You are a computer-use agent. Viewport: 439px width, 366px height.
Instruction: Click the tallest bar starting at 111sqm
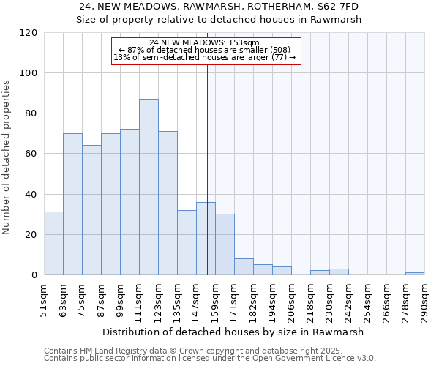(149, 187)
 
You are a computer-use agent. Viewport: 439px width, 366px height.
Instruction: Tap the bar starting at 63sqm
(72, 204)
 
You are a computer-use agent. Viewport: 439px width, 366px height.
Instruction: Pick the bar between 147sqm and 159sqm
(206, 239)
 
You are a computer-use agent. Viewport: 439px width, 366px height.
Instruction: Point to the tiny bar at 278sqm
(415, 273)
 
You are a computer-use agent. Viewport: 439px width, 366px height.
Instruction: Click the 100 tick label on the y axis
(29, 73)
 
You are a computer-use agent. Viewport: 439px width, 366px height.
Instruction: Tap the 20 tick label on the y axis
(31, 235)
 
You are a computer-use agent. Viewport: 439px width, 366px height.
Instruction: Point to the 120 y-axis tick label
(29, 33)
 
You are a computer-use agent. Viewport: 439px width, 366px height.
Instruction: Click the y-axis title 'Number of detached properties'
(7, 157)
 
